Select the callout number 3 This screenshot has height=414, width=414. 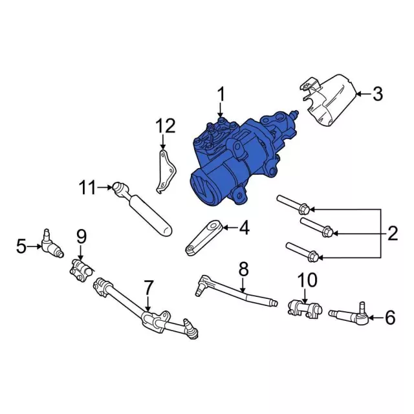tap(377, 94)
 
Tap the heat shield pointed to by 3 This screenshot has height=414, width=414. tap(330, 100)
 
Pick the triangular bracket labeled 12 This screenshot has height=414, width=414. tap(166, 171)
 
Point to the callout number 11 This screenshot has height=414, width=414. tap(87, 188)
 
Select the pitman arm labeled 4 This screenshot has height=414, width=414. tap(205, 238)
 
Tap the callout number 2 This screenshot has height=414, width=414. tap(393, 234)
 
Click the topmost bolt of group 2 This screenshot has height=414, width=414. tap(295, 204)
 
